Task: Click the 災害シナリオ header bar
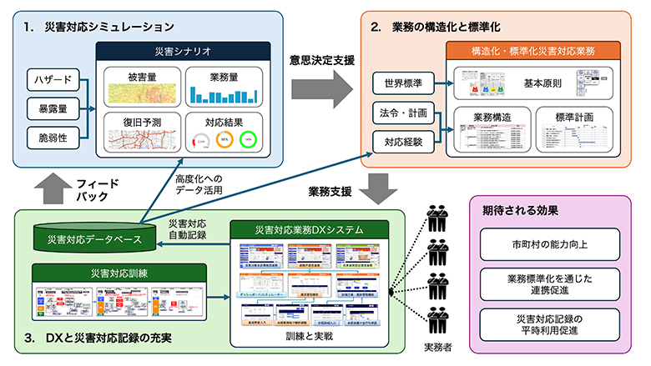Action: [x=182, y=52]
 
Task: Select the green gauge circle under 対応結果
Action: [x=248, y=139]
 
